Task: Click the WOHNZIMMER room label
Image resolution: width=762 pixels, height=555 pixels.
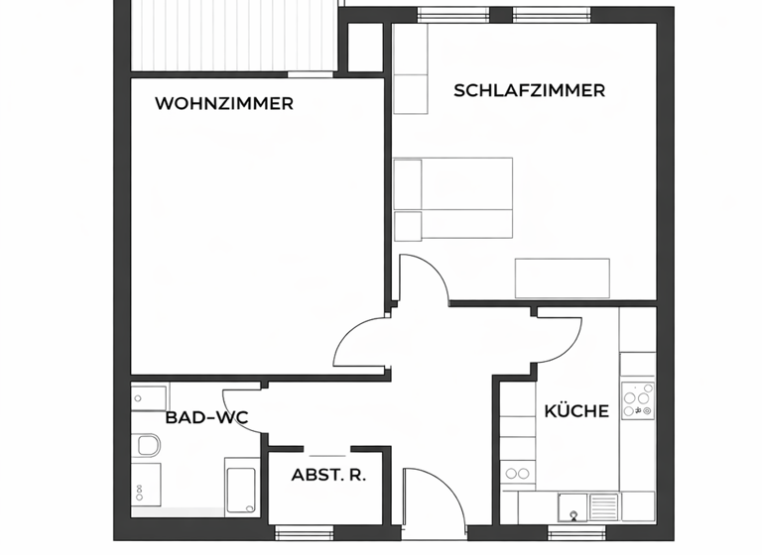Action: [224, 103]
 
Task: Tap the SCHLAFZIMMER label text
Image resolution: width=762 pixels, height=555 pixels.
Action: [529, 91]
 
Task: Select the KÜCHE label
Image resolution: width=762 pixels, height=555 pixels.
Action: [575, 411]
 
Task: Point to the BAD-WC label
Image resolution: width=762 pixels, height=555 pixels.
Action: [206, 418]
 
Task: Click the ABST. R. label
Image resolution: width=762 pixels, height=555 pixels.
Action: [328, 475]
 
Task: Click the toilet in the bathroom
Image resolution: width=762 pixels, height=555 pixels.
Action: [149, 447]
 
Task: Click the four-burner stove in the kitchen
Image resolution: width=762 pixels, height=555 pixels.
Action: [637, 399]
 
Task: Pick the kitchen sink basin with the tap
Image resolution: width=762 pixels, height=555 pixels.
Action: [572, 505]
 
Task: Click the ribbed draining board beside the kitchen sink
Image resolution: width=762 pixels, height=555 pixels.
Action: [603, 505]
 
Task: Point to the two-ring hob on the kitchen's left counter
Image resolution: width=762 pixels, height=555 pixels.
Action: [516, 475]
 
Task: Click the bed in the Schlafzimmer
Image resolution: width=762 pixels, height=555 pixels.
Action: [454, 199]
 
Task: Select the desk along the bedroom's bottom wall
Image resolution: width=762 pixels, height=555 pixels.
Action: [562, 277]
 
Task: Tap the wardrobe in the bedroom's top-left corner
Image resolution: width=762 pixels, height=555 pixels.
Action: [411, 69]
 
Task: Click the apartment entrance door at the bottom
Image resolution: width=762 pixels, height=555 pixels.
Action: [434, 505]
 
